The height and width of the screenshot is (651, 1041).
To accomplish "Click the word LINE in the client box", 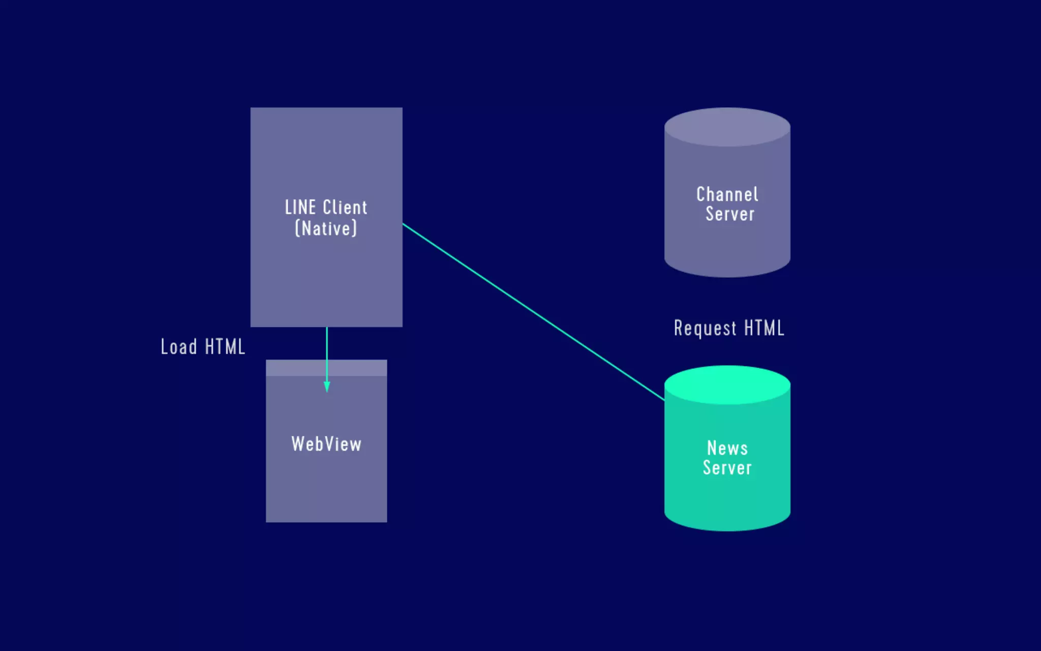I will (300, 208).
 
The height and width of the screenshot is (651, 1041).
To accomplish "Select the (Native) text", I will (326, 228).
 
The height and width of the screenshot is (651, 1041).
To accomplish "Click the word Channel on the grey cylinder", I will (727, 194).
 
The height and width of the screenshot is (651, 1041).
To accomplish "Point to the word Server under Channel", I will (729, 214).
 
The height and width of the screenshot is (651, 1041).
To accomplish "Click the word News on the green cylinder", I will (727, 448).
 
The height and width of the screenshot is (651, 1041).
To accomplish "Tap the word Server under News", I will (727, 468).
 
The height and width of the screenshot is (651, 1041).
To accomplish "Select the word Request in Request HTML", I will (705, 329).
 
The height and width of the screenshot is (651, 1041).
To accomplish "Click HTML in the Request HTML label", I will (764, 328).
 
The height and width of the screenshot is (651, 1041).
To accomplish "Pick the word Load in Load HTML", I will (178, 347).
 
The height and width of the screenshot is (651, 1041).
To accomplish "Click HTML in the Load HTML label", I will (225, 347).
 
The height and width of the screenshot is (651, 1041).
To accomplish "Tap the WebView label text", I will (326, 444).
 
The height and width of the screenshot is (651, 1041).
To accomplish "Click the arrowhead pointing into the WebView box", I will (327, 387).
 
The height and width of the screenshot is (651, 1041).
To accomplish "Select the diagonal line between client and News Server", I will (534, 312).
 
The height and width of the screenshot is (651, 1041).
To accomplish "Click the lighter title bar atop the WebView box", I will (295, 368).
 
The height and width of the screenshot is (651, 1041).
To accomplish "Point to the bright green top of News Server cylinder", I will (727, 384).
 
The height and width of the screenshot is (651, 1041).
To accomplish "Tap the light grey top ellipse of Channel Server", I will (727, 127).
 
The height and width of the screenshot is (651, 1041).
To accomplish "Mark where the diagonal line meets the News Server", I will (664, 400).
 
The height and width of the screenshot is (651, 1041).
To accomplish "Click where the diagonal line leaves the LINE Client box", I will (403, 224).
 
